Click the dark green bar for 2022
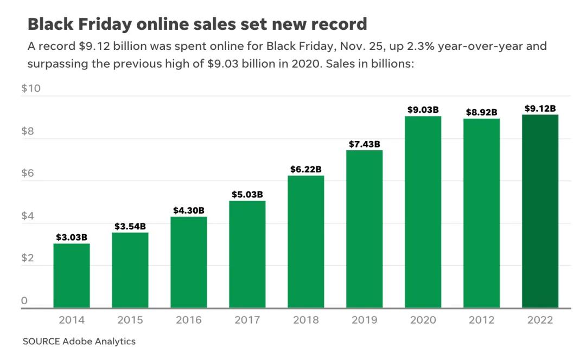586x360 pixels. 540,211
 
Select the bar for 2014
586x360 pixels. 71,275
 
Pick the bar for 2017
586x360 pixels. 247,254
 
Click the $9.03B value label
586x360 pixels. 423,110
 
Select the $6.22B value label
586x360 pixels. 305,170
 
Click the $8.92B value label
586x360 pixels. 481,113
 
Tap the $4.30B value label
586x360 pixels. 188,210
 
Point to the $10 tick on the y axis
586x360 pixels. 31,89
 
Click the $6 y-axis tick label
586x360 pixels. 28,173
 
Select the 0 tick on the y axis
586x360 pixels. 24,301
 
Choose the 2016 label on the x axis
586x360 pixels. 188,320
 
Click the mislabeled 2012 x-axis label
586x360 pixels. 481,320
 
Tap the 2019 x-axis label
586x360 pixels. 364,320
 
